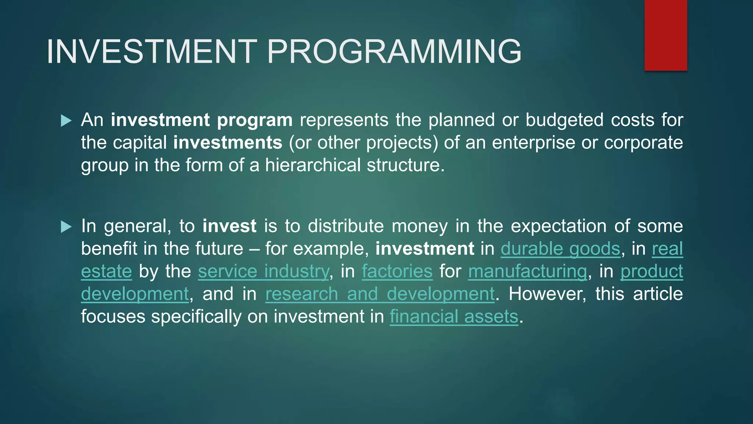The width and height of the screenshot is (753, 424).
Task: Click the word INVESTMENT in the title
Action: [x=151, y=52]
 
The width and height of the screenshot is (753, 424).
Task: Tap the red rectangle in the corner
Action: [x=665, y=35]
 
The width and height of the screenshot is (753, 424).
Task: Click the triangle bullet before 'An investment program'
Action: [x=66, y=120]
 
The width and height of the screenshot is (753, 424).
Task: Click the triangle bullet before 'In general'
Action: [x=66, y=226]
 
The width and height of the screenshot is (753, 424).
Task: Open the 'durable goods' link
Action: [x=560, y=248]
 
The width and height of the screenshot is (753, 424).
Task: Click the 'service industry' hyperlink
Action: [x=263, y=271]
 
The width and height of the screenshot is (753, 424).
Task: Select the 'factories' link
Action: [x=397, y=271]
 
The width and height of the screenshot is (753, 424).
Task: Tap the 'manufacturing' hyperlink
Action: [x=527, y=271]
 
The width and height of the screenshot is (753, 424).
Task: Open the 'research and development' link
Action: [x=380, y=294]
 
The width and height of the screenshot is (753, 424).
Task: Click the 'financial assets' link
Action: [x=454, y=317]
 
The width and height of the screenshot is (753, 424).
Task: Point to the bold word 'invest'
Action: [x=229, y=226]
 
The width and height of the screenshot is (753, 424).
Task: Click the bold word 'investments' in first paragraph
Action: [x=228, y=142]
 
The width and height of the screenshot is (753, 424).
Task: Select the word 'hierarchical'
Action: [x=313, y=165]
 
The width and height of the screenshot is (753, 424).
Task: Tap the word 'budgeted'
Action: [x=564, y=120]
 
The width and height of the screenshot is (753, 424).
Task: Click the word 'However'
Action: [x=547, y=294]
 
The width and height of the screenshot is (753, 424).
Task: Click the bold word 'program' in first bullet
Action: [x=254, y=120]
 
